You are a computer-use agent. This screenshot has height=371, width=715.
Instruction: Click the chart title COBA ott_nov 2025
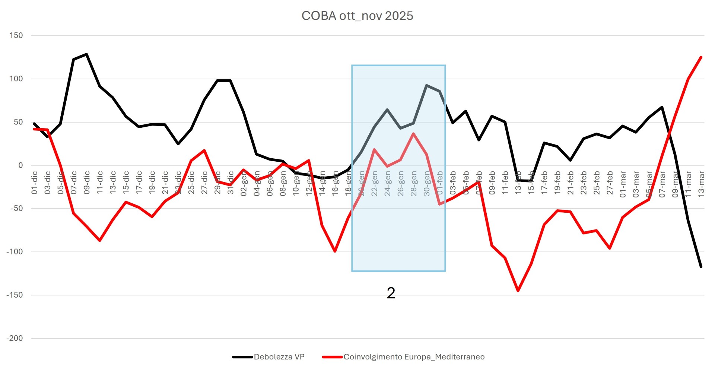pyautogui.click(x=357, y=16)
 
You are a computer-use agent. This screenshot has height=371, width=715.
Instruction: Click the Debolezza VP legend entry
pyautogui.click(x=279, y=357)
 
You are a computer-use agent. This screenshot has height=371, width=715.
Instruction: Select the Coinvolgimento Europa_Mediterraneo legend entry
pyautogui.click(x=414, y=357)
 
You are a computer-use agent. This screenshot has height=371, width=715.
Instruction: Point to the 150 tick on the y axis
pyautogui.click(x=16, y=35)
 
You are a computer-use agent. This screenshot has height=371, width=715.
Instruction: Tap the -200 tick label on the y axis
pyautogui.click(x=15, y=338)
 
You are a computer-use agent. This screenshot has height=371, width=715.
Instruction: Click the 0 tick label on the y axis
pyautogui.click(x=20, y=165)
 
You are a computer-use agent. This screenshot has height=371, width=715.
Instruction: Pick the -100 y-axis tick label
pyautogui.click(x=15, y=252)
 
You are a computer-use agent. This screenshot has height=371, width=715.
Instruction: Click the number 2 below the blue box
pyautogui.click(x=391, y=293)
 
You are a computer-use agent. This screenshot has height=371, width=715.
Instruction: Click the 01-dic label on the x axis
pyautogui.click(x=35, y=183)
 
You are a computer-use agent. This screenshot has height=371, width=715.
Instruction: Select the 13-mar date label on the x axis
pyautogui.click(x=701, y=183)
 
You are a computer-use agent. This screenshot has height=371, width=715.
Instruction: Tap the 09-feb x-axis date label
pyautogui.click(x=492, y=183)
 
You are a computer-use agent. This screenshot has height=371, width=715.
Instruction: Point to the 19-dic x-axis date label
pyautogui.click(x=152, y=183)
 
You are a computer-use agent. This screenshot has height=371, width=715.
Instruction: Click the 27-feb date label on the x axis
pyautogui.click(x=610, y=183)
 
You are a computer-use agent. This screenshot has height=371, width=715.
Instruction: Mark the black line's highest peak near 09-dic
pyautogui.click(x=86, y=54)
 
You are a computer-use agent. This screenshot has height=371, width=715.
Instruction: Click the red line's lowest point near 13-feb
pyautogui.click(x=518, y=291)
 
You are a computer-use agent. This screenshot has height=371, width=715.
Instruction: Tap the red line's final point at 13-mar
pyautogui.click(x=701, y=57)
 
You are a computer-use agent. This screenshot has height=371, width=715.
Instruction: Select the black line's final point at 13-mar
pyautogui.click(x=701, y=267)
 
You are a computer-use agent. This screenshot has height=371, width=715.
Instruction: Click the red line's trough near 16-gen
pyautogui.click(x=335, y=251)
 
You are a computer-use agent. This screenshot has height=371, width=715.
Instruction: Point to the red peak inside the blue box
pyautogui.click(x=413, y=133)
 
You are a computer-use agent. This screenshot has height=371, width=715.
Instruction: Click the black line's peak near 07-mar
pyautogui.click(x=662, y=107)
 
